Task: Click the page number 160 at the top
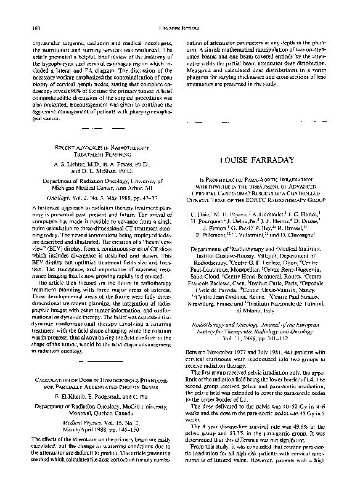point(31,11)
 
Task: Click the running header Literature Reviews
point(179,11)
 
